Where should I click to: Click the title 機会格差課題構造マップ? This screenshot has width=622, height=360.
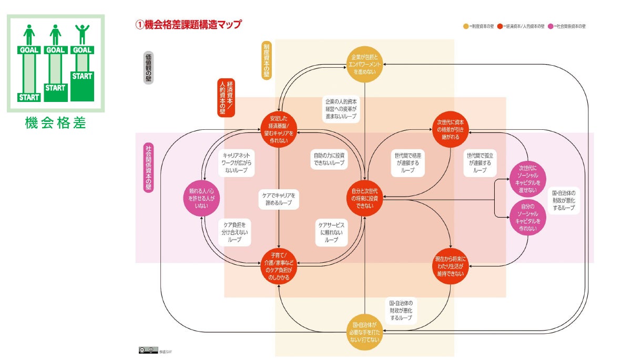tap(189, 24)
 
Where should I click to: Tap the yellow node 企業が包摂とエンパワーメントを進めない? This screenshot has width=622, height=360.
tap(364, 64)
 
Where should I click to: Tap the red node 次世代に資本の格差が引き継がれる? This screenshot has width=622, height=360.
tap(451, 129)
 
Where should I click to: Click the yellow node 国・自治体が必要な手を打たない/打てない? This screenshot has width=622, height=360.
tap(364, 333)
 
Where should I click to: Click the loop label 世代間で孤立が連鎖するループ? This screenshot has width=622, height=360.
tap(480, 163)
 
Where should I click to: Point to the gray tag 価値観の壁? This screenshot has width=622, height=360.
tap(148, 68)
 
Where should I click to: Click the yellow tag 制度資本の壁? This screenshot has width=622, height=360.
tap(267, 60)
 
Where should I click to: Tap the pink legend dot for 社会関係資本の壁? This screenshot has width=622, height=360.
tap(550, 26)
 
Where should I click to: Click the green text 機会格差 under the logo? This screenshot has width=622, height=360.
tap(55, 124)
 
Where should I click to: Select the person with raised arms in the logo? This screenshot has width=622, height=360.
tap(82, 35)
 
